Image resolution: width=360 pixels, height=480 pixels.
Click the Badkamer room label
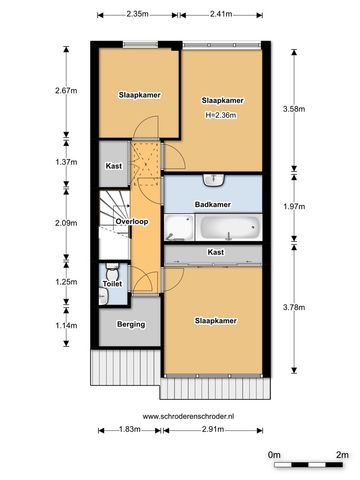pos(213,204)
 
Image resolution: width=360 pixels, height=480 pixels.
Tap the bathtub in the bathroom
pos(228,227)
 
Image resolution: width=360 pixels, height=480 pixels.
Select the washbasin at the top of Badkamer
pos(214,180)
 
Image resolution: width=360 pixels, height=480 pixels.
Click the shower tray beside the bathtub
pos(179,227)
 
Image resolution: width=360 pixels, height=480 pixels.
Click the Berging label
pos(131,324)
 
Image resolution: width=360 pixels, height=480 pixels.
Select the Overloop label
pos(132,222)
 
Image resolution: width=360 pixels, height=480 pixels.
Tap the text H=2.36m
pos(221,115)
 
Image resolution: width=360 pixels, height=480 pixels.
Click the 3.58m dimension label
pos(294,109)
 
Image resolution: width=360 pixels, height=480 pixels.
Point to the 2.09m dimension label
pos(66,223)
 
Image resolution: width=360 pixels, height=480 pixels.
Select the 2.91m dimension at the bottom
pos(213,429)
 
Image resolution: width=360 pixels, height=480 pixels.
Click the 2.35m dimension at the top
pos(137,14)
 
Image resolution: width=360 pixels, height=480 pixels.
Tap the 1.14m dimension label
pos(66,325)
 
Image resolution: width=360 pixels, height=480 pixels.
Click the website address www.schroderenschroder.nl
pos(188,416)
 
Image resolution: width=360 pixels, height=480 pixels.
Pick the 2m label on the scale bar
pos(342,455)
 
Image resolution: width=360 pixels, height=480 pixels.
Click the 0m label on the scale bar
pos(274,455)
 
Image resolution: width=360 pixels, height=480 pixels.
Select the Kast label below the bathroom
pos(216,252)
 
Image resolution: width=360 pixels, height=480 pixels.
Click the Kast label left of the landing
pos(114,166)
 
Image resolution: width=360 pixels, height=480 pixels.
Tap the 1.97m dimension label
pos(294,207)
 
